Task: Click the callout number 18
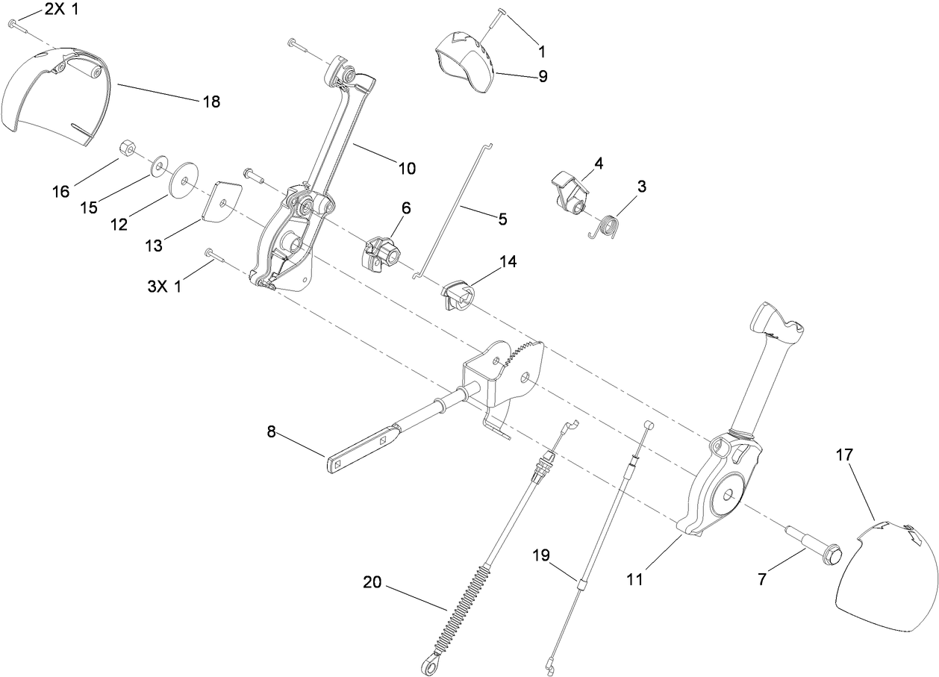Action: [x=211, y=102]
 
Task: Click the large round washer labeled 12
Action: [x=184, y=180]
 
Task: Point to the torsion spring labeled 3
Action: [x=611, y=226]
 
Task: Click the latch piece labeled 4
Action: [x=571, y=193]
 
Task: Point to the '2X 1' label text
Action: [x=60, y=10]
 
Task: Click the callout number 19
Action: [x=541, y=555]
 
